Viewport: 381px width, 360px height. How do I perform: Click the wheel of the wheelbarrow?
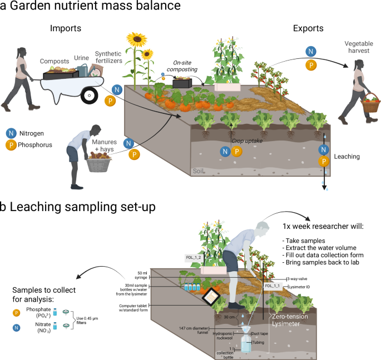[x=88, y=96]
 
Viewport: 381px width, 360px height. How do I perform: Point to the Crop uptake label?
[x=248, y=141]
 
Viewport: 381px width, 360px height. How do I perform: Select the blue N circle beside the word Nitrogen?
[x=11, y=133]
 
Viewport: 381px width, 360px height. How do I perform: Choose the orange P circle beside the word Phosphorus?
[x=11, y=143]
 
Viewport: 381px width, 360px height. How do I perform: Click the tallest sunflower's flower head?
[x=136, y=39]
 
